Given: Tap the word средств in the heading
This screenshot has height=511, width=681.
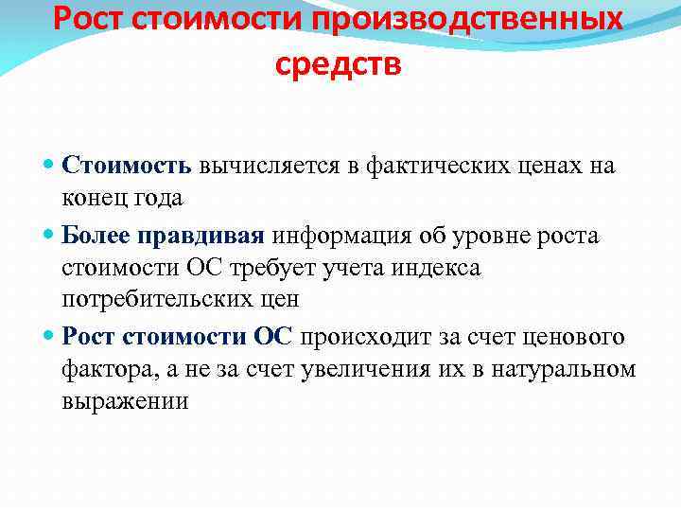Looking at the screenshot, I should (340, 64).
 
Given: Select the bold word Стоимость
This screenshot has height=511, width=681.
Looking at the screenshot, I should (127, 166).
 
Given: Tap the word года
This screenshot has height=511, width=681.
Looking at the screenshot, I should (157, 198).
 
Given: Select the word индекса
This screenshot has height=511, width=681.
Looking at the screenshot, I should (436, 268).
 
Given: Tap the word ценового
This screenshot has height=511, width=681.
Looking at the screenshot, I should (576, 337).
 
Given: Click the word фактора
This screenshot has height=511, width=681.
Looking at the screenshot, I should (105, 369).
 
